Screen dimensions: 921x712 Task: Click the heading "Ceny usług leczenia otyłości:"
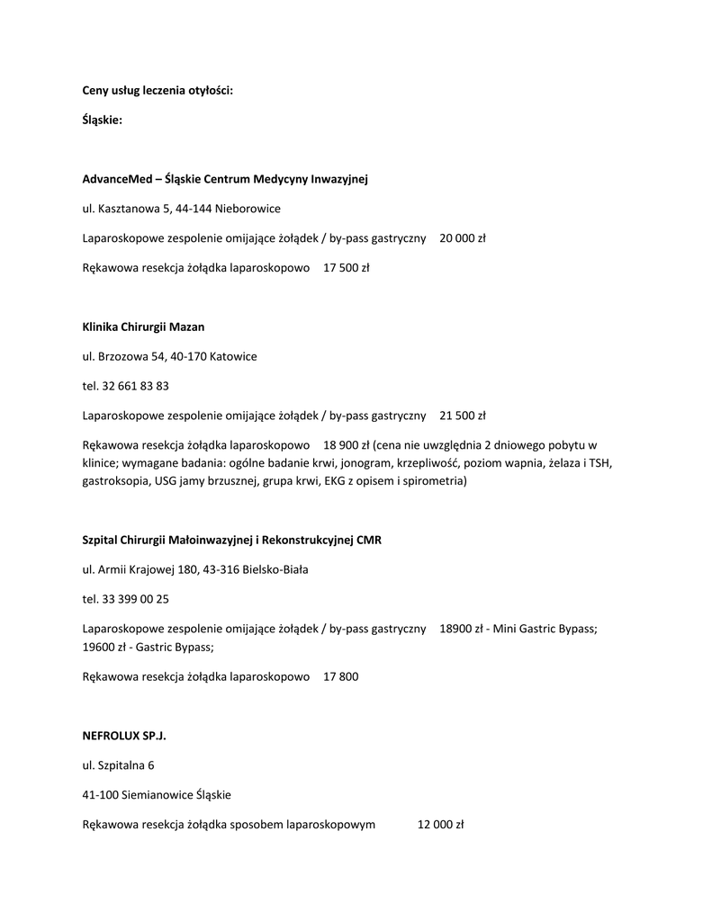(x=158, y=90)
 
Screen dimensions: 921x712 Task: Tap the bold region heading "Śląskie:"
(x=102, y=120)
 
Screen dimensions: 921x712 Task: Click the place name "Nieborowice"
(x=248, y=209)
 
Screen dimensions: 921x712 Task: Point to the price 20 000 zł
(x=463, y=238)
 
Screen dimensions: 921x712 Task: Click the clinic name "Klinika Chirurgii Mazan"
(x=143, y=326)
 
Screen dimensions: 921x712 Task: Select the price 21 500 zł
(x=463, y=416)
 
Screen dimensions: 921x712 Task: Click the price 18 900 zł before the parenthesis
(x=347, y=445)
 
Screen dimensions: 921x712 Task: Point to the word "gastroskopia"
(x=113, y=481)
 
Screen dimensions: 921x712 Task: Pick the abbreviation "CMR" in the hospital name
(x=369, y=540)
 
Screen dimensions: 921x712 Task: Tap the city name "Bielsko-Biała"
(x=275, y=569)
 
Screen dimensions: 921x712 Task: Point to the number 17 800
(x=341, y=676)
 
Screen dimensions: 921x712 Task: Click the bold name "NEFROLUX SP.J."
(x=124, y=736)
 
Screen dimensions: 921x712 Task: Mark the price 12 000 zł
(x=440, y=824)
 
